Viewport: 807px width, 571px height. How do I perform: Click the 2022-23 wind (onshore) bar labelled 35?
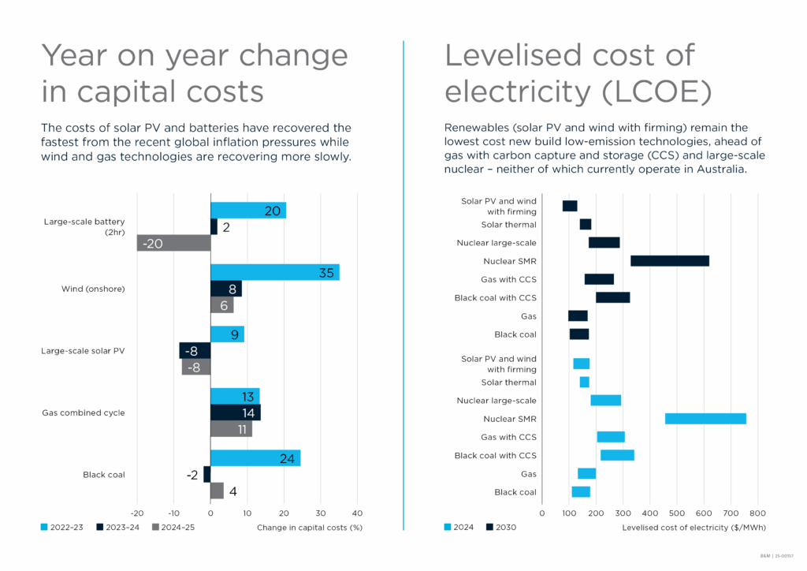pos(274,272)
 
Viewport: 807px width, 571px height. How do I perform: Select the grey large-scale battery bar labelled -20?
pos(173,243)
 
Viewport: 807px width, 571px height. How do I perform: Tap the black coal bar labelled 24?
pos(255,457)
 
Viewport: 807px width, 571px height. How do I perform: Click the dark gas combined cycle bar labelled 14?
pos(235,412)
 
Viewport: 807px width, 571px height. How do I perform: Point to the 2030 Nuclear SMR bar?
pos(670,261)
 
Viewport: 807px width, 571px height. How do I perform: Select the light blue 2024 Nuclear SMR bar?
pos(705,419)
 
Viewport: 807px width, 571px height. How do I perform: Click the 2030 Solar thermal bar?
pos(586,224)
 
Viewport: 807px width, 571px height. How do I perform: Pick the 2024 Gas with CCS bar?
pos(611,437)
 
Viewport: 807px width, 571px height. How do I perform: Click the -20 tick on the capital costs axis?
pos(136,512)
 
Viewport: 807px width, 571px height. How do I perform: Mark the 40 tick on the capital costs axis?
pos(357,512)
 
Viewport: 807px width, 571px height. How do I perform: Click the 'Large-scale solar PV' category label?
pos(83,351)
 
